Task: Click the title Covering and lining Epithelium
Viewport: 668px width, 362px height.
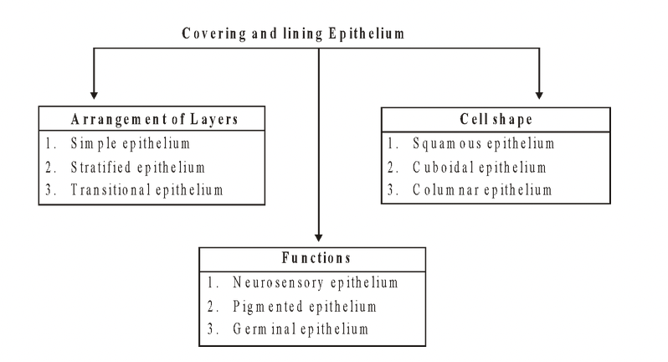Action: [319, 35]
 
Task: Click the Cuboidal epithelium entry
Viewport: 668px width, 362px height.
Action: [479, 167]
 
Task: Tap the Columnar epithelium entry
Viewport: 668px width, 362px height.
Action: [482, 190]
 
